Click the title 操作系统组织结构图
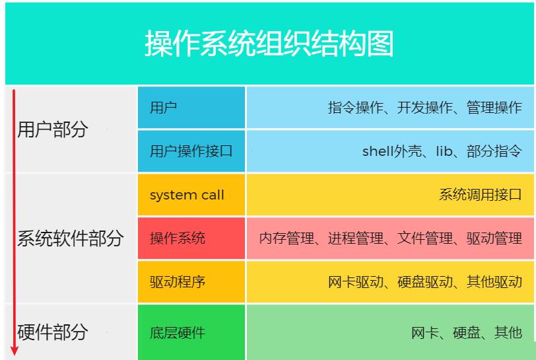pos(269,44)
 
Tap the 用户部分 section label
pos(52,129)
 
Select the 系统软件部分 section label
pos(70,238)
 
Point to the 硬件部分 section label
pos(52,332)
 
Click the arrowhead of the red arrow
pos(14,350)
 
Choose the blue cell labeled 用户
pos(191,108)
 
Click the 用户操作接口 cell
pos(191,151)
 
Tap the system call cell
pos(191,195)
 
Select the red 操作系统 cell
pos(191,238)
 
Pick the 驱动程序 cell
pos(191,281)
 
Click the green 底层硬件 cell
pos(191,332)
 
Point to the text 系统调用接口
pos(481,195)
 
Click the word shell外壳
pos(391,151)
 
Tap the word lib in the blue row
pos(444,151)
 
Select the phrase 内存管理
pos(286,238)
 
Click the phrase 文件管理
pos(425,238)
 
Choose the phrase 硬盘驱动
pos(425,282)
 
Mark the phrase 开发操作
pos(425,108)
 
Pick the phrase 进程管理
pos(356,238)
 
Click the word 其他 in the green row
pos(508,332)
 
